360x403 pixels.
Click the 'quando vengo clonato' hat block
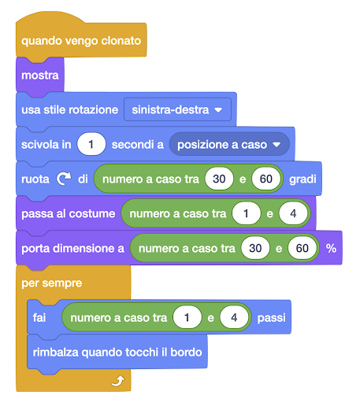81,41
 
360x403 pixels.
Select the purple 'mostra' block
40,76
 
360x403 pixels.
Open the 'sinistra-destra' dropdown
177,109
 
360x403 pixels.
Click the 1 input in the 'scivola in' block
91,144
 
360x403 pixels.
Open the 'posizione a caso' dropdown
229,144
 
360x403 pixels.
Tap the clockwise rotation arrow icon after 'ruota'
64,179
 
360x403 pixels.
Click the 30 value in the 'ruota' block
219,179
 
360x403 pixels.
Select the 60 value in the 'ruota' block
266,179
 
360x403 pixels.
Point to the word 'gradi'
302,179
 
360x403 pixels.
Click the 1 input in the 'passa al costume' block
247,213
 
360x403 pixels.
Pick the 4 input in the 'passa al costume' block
293,213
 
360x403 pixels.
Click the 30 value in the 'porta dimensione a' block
255,248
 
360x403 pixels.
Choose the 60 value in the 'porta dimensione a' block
302,248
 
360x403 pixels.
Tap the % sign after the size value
331,248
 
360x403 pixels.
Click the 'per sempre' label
52,283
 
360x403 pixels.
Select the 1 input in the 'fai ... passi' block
187,317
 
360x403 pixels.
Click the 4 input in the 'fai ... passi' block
234,317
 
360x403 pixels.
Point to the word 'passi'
272,318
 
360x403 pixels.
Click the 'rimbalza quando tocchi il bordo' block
117,352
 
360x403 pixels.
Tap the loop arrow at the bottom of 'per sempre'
118,381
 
